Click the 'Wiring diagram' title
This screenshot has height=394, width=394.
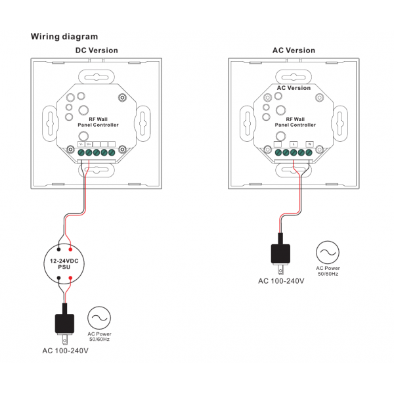pyautogui.click(x=64, y=37)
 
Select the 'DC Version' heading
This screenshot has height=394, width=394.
pyautogui.click(x=97, y=51)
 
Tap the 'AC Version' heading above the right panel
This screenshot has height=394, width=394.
pyautogui.click(x=294, y=51)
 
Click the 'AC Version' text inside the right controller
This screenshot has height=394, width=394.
pyautogui.click(x=294, y=88)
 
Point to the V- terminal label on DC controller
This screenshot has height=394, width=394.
pyautogui.click(x=81, y=144)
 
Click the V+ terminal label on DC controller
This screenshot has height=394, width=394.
pyautogui.click(x=89, y=144)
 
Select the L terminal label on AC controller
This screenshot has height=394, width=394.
pyautogui.click(x=293, y=144)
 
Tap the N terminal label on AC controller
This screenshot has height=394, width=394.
pyautogui.click(x=309, y=144)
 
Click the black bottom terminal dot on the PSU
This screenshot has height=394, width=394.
pyautogui.click(x=59, y=278)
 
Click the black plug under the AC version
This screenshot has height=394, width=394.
pyautogui.click(x=281, y=253)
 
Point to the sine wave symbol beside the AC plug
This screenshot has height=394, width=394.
pyautogui.click(x=328, y=252)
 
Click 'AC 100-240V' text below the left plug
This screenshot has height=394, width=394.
pyautogui.click(x=66, y=351)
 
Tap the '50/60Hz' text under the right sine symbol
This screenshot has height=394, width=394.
pyautogui.click(x=328, y=273)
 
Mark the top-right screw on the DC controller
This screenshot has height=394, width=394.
pyautogui.click(x=122, y=98)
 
